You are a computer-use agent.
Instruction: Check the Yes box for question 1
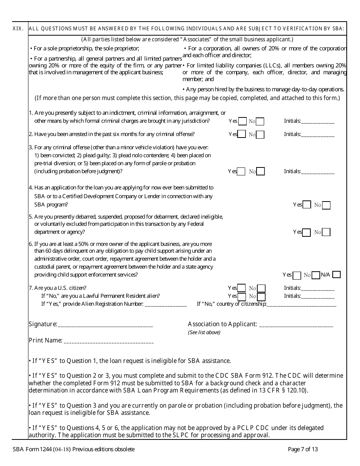[x=242, y=121]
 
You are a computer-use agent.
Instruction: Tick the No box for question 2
[x=260, y=134]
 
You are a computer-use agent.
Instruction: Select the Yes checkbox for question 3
[x=241, y=172]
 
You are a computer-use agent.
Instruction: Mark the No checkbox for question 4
[x=326, y=205]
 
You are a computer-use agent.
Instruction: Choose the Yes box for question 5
[x=307, y=232]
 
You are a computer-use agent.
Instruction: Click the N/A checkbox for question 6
[x=336, y=275]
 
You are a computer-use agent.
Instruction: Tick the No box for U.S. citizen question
[x=261, y=288]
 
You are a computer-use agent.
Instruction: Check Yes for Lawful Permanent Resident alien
[x=242, y=296]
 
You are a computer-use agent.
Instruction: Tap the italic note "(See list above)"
[x=204, y=333]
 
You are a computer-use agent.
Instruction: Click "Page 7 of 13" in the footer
[x=303, y=450]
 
